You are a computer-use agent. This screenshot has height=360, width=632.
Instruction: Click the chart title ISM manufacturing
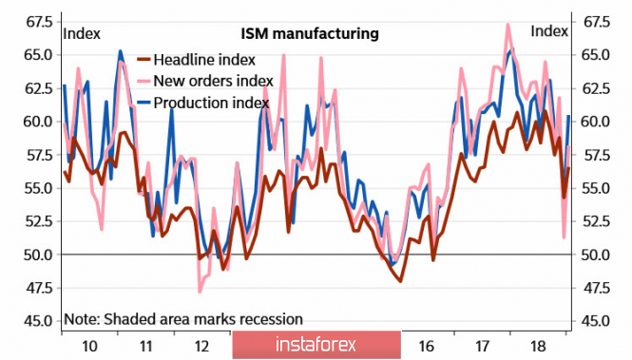(x=310, y=33)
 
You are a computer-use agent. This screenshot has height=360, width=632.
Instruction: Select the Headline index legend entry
(x=197, y=60)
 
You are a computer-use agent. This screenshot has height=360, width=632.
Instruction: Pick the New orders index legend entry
(x=205, y=81)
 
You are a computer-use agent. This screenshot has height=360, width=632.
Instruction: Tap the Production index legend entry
(x=203, y=103)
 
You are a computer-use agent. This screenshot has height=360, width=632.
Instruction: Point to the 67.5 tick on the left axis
(x=39, y=22)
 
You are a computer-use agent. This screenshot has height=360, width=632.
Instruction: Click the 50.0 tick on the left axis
(x=38, y=255)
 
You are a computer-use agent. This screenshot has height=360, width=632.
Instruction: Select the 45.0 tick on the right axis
(x=596, y=321)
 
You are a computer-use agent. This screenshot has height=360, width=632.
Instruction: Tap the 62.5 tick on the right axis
(x=596, y=88)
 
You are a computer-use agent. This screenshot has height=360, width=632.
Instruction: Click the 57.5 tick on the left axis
(x=39, y=155)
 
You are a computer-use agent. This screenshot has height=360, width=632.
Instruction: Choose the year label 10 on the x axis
(x=89, y=346)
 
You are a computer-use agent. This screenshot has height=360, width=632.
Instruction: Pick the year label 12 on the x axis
(x=201, y=346)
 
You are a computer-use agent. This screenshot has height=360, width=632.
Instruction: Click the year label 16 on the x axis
(x=426, y=346)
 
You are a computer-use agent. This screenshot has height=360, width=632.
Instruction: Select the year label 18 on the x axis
(x=539, y=346)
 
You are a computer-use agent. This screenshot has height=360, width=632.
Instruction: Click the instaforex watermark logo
(x=316, y=345)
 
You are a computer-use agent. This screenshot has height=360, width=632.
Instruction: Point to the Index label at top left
(x=82, y=34)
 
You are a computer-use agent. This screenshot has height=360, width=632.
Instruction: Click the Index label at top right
(x=549, y=31)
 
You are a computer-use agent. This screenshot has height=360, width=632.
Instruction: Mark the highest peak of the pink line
(x=508, y=25)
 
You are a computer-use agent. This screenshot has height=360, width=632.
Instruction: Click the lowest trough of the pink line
(x=200, y=292)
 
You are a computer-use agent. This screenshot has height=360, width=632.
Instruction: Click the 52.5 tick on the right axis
(x=596, y=221)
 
